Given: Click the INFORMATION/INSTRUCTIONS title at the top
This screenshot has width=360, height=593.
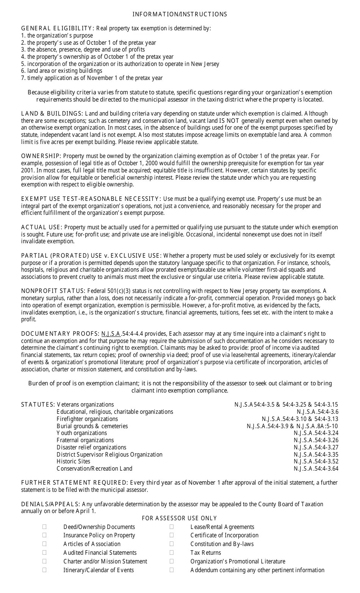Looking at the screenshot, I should click(180, 14).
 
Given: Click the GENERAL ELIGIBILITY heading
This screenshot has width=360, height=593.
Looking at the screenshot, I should click(57, 28).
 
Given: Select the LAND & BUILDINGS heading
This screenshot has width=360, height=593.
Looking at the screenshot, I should click(52, 114).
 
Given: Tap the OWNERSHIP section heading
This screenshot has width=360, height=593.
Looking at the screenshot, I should click(41, 156).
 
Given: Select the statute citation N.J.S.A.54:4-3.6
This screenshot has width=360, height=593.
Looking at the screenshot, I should click(317, 412).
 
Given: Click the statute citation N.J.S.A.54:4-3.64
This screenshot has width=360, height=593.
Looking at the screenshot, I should click(316, 469).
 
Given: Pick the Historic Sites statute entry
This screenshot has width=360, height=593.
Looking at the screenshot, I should click(74, 462).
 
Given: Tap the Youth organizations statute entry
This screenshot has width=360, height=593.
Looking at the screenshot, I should click(82, 433).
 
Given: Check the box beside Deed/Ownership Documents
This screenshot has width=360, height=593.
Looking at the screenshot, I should click(44, 527).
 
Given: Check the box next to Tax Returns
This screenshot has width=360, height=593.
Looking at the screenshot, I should click(172, 552).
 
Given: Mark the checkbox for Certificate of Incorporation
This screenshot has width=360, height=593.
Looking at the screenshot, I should click(172, 535).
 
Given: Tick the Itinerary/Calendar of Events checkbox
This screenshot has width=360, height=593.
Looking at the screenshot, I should click(44, 570).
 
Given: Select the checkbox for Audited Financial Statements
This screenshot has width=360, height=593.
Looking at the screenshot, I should click(44, 552).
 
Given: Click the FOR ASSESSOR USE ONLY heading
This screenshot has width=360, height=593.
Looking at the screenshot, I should click(179, 518).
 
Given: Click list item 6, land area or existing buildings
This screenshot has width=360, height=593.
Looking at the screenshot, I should click(62, 71).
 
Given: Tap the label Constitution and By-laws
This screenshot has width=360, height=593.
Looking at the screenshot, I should click(222, 544).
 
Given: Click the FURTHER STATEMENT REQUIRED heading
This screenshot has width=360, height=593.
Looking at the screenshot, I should click(74, 483).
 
